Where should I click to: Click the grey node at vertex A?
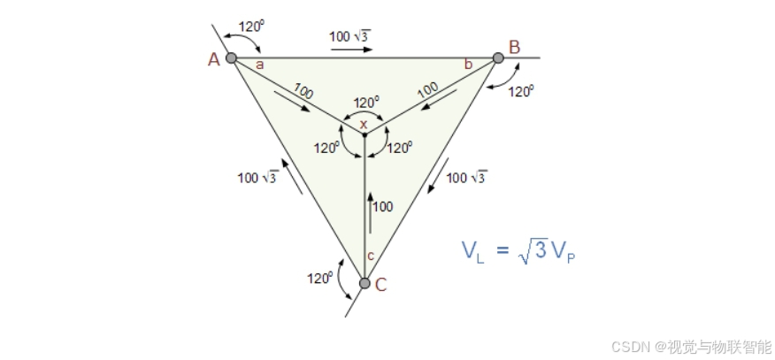tap(231, 58)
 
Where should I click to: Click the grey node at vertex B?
tap(497, 58)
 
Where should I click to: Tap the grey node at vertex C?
tap(364, 283)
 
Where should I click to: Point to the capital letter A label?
tap(213, 59)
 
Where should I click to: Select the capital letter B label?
tap(514, 46)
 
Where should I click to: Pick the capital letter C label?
tap(381, 285)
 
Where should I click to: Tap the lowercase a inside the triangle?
tap(259, 65)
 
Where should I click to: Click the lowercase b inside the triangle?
tap(468, 65)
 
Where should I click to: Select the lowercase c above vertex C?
tap(370, 256)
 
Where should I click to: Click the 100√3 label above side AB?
tap(349, 35)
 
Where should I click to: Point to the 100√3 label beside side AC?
tap(257, 178)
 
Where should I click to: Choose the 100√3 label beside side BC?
tap(466, 178)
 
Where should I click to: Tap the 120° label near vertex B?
tap(521, 90)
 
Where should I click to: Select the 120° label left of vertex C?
tap(319, 278)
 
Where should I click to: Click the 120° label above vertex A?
tap(251, 27)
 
